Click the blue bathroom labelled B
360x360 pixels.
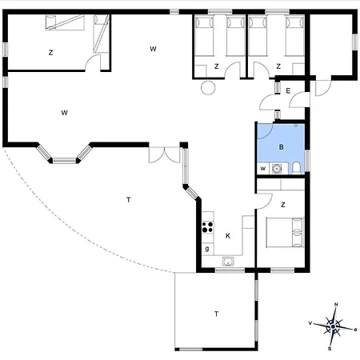pos(281,148)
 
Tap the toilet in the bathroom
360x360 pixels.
pos(296,168)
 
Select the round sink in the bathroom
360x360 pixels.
pos(277,169)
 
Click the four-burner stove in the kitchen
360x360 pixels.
pos(208,226)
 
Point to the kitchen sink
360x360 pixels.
pos(228,262)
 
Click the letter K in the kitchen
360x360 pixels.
pos(228,236)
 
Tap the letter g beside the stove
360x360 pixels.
pos(207,249)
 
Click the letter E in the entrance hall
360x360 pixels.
pos(288,91)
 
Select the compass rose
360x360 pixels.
pos(333,327)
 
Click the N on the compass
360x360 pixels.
pos(336,305)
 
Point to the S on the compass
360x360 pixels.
pos(330,349)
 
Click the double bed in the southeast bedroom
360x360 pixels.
pos(285,233)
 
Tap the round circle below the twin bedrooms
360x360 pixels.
pos(208,88)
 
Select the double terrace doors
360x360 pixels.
pos(165,154)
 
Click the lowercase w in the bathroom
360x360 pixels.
pos(263,169)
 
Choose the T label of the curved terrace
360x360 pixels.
pos(129,199)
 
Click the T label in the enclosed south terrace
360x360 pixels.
pos(216,314)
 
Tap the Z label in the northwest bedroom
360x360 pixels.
pos(50,53)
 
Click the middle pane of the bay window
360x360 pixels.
pos(64,161)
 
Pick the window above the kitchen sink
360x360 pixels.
pos(230,270)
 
